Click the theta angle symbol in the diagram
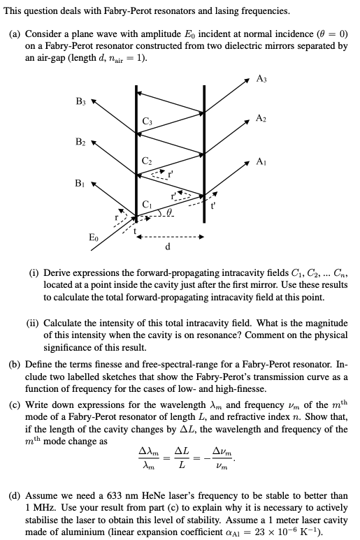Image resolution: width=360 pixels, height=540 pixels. [170, 209]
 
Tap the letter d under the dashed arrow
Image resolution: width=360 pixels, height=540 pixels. [167, 247]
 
